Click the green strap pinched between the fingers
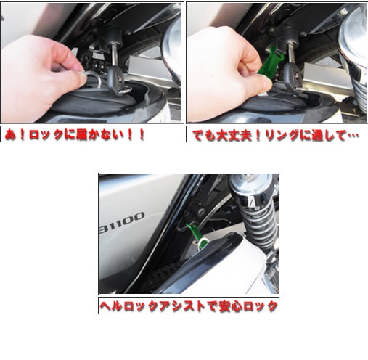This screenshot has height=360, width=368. tap(270, 61)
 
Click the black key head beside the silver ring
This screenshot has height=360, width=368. tap(115, 78)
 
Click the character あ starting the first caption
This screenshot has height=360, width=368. tap(10, 135)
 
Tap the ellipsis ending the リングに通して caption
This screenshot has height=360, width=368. tap(353, 136)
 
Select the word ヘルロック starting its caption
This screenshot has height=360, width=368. tap(124, 306)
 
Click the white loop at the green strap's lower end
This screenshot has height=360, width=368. tap(203, 242)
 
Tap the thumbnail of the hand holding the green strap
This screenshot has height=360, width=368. tap(277, 62)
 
